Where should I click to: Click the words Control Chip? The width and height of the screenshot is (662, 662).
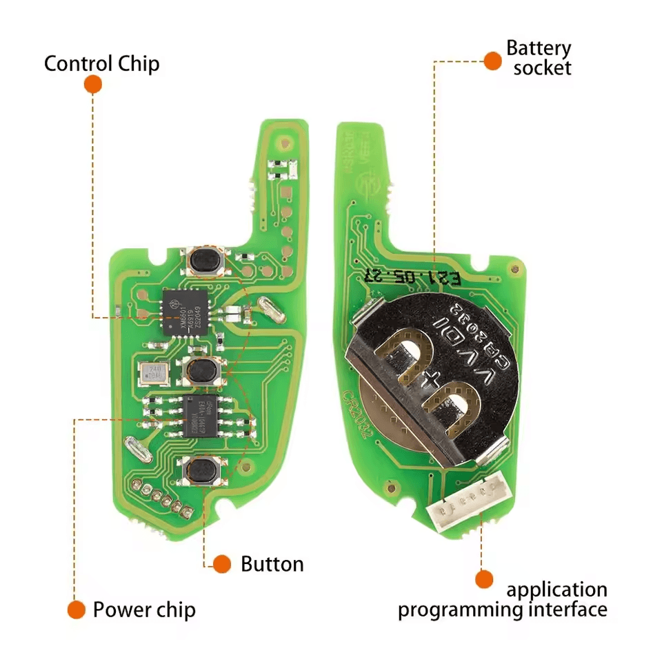[101, 64]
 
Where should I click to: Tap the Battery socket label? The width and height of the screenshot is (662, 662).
[538, 58]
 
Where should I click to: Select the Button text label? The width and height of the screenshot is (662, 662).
[272, 564]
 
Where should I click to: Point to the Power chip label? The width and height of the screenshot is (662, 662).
[144, 610]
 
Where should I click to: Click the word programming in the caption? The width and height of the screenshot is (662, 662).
[474, 610]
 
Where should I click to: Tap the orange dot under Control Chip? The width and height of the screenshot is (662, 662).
[93, 85]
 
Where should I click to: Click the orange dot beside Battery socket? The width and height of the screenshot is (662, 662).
[492, 61]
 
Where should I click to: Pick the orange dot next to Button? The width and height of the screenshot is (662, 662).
[221, 564]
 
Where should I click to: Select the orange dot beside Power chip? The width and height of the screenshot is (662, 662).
[76, 610]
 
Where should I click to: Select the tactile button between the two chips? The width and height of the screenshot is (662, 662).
[202, 371]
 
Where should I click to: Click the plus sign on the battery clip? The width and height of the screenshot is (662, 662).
[433, 378]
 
